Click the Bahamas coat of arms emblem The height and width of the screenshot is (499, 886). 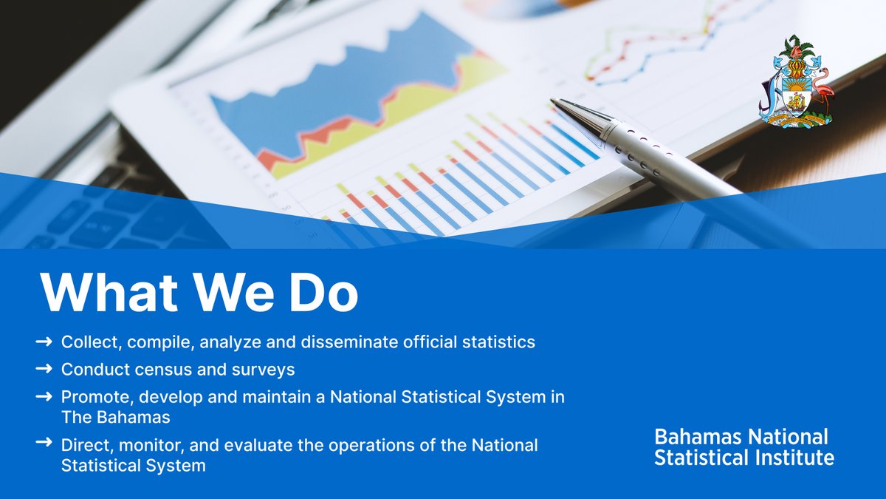click(x=795, y=81)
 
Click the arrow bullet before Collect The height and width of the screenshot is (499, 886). click(x=44, y=342)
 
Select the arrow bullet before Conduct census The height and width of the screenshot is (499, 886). click(x=44, y=367)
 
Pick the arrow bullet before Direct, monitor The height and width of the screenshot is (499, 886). click(x=44, y=444)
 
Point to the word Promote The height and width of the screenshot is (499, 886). click(x=92, y=397)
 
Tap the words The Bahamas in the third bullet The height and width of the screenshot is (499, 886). click(x=116, y=417)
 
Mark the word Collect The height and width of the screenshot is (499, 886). click(x=87, y=342)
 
